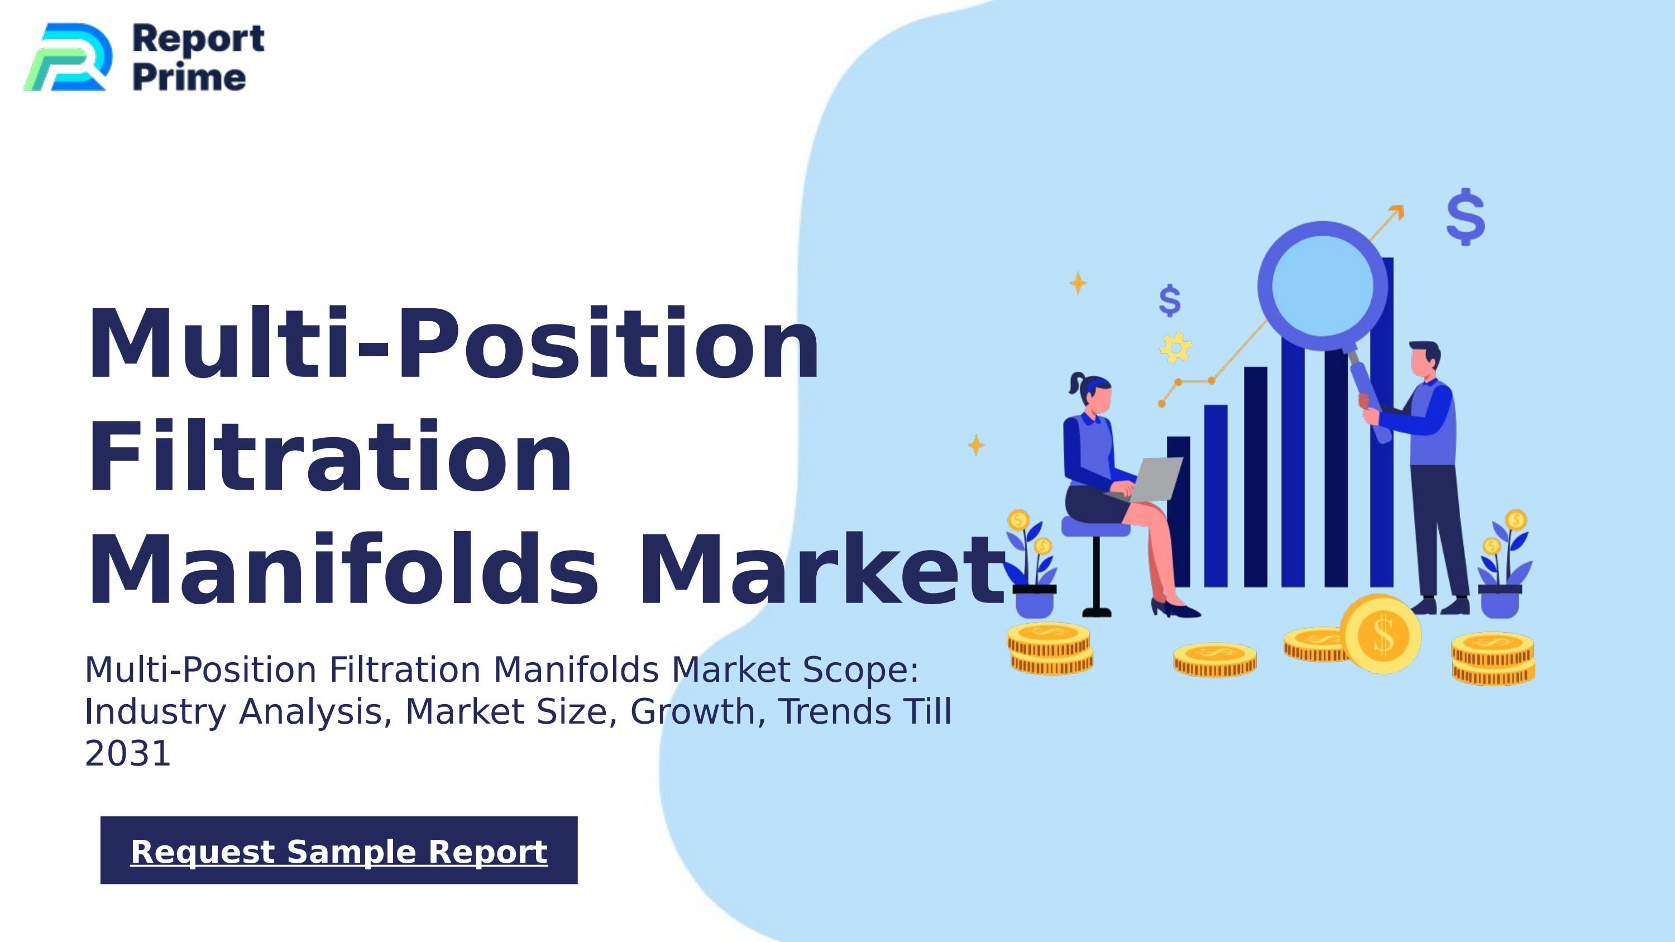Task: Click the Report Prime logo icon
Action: pyautogui.click(x=67, y=57)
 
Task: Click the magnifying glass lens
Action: pyautogui.click(x=1322, y=286)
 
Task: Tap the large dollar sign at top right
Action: pyautogui.click(x=1466, y=217)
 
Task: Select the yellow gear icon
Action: pyautogui.click(x=1176, y=347)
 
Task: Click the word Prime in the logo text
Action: pyautogui.click(x=189, y=78)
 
